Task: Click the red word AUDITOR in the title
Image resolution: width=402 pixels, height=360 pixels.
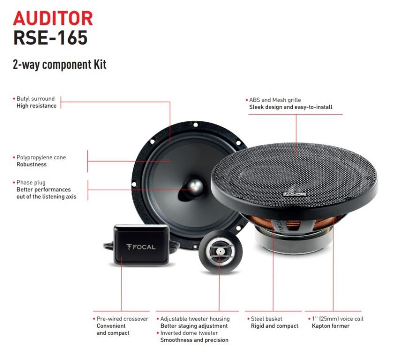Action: (x=53, y=19)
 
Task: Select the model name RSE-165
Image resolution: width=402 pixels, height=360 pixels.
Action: (x=50, y=38)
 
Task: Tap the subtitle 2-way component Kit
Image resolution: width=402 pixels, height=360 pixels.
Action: (x=60, y=65)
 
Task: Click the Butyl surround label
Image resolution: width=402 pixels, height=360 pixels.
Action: (x=36, y=99)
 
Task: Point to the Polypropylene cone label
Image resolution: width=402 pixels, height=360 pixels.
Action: (x=41, y=157)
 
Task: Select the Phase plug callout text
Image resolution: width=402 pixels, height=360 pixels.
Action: (x=31, y=182)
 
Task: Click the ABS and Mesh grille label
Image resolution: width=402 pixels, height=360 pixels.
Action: (x=275, y=100)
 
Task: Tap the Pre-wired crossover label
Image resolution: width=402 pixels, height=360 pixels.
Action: (x=122, y=319)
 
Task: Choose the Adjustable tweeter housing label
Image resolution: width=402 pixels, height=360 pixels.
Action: (x=194, y=319)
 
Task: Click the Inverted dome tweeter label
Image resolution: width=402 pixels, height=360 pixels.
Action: (x=190, y=333)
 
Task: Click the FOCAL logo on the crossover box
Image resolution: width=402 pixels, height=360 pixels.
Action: (x=141, y=247)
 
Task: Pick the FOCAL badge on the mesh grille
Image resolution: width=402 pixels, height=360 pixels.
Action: (x=294, y=192)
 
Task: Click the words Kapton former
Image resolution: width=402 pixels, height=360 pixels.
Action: (x=331, y=326)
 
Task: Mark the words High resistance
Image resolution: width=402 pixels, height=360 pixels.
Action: (x=37, y=106)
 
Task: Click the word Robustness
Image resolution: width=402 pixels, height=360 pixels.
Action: (x=31, y=165)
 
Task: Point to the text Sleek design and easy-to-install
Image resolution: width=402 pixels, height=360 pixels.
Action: (x=290, y=107)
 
